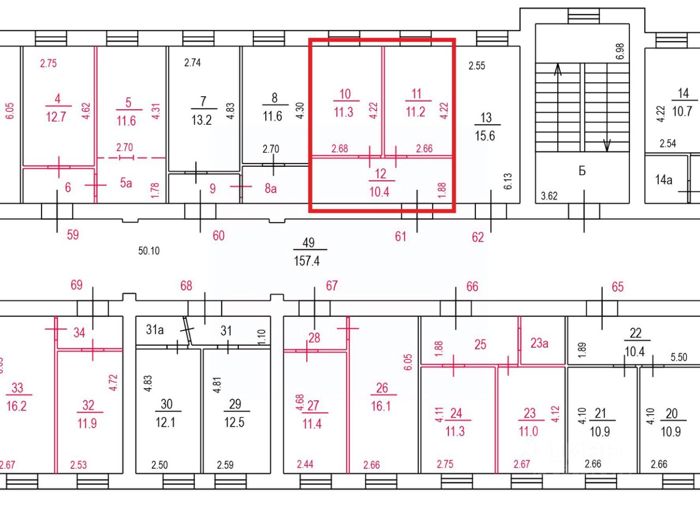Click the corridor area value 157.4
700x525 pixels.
[306, 261]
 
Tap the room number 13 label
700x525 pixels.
[486, 118]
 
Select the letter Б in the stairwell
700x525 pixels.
[582, 171]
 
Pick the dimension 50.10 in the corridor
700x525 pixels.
[149, 251]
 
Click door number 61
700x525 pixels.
[400, 236]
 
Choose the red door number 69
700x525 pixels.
[77, 285]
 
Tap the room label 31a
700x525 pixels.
[155, 330]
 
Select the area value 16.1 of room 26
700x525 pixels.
[381, 406]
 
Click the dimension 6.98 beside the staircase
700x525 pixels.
[620, 51]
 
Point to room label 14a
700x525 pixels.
[664, 180]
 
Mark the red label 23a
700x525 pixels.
[539, 343]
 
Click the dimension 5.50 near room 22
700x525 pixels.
[679, 357]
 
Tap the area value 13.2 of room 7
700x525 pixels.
[202, 120]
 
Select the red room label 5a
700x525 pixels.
[126, 183]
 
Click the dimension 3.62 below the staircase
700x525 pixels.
[549, 196]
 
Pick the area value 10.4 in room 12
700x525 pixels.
[379, 192]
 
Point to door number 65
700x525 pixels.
[618, 287]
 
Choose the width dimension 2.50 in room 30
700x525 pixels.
[160, 465]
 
